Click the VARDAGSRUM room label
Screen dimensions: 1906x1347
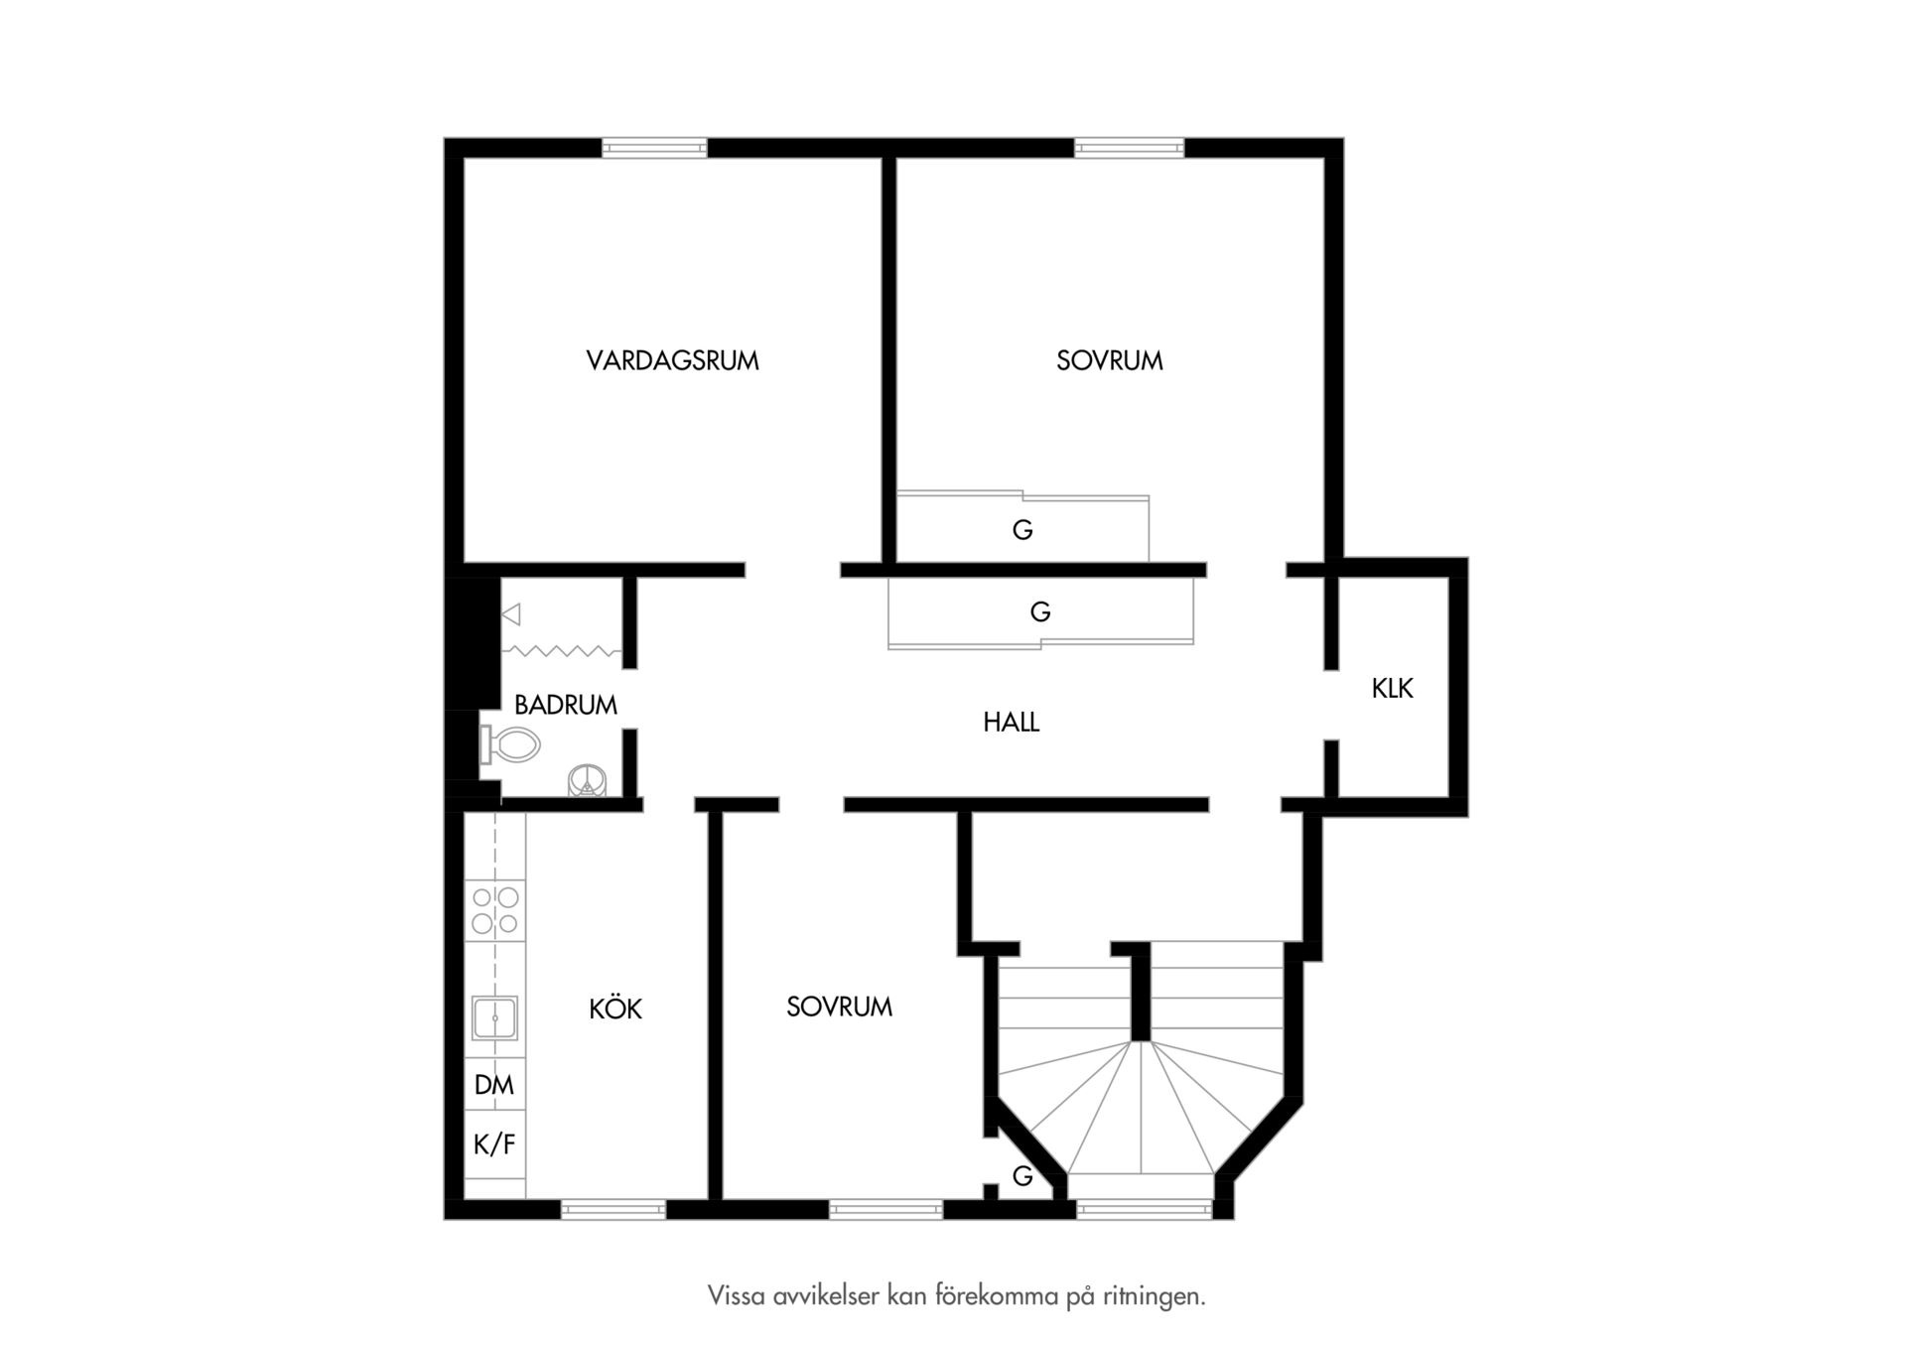coord(672,360)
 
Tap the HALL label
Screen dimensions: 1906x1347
coord(1011,722)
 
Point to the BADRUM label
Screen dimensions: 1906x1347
coord(565,705)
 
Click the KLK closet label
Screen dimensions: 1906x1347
coord(1392,688)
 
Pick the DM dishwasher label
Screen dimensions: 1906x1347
coord(494,1084)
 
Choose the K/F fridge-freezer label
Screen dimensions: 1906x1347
coord(494,1145)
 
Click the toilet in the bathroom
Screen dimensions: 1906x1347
coord(510,744)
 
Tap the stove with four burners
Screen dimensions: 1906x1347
coord(495,910)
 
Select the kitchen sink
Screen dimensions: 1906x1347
coord(494,1017)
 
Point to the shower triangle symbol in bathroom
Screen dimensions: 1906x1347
coord(511,615)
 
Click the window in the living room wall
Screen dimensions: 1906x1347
coord(654,149)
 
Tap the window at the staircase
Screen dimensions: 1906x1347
coord(1145,1209)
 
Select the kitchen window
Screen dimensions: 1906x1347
coord(613,1209)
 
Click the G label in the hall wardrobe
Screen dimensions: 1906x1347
coord(1039,612)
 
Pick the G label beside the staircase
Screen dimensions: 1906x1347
coord(1021,1176)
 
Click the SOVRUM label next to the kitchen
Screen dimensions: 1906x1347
coord(839,1007)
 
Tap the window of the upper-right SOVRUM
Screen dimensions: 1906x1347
coord(1130,149)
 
